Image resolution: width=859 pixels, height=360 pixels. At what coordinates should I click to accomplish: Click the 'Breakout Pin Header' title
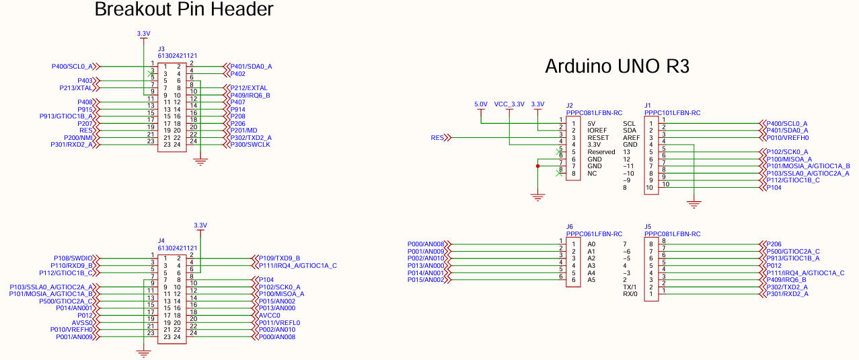(x=184, y=9)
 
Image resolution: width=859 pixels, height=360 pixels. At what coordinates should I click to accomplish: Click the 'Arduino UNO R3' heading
(x=617, y=66)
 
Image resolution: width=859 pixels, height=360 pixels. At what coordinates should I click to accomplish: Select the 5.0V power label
(x=480, y=104)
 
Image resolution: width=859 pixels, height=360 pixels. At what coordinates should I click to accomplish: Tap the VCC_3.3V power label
(x=509, y=104)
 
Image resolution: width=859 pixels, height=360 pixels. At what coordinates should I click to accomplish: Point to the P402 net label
(x=237, y=74)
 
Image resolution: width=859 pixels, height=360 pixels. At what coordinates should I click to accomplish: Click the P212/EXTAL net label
(x=249, y=88)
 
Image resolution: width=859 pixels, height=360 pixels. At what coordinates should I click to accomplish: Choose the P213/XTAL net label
(x=76, y=88)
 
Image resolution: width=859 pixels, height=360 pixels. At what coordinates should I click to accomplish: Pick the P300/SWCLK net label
(x=250, y=145)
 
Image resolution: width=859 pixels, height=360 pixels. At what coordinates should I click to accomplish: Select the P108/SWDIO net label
(x=73, y=258)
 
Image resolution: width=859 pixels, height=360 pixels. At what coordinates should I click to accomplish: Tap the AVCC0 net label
(x=270, y=316)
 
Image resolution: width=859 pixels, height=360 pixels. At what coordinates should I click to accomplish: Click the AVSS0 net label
(x=82, y=323)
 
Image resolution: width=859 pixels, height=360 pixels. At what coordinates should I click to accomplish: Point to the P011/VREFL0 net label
(x=280, y=323)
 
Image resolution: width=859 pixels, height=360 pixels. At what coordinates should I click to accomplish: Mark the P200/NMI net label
(x=78, y=138)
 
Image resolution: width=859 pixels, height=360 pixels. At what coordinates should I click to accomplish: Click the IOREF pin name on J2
(x=597, y=131)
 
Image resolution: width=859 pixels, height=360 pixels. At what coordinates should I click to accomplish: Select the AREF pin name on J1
(x=631, y=138)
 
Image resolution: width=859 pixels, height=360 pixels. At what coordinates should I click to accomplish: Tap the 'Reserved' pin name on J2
(x=601, y=152)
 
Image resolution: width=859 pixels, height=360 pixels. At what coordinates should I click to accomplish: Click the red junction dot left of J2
(x=537, y=166)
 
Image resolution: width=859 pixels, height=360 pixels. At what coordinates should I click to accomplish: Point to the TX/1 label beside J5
(x=630, y=287)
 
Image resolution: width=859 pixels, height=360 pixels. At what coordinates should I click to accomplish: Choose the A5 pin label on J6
(x=591, y=280)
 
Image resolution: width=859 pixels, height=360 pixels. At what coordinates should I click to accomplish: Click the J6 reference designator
(x=570, y=227)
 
